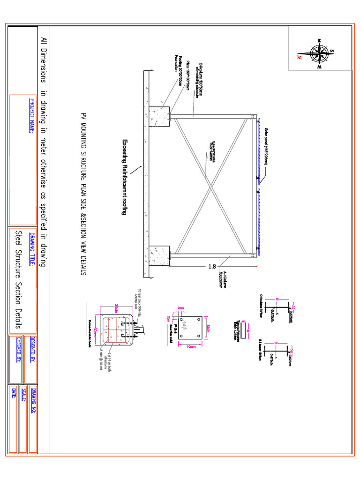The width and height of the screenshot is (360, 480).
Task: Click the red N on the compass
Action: click(x=299, y=57)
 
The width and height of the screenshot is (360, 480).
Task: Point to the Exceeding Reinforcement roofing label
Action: click(x=125, y=177)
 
